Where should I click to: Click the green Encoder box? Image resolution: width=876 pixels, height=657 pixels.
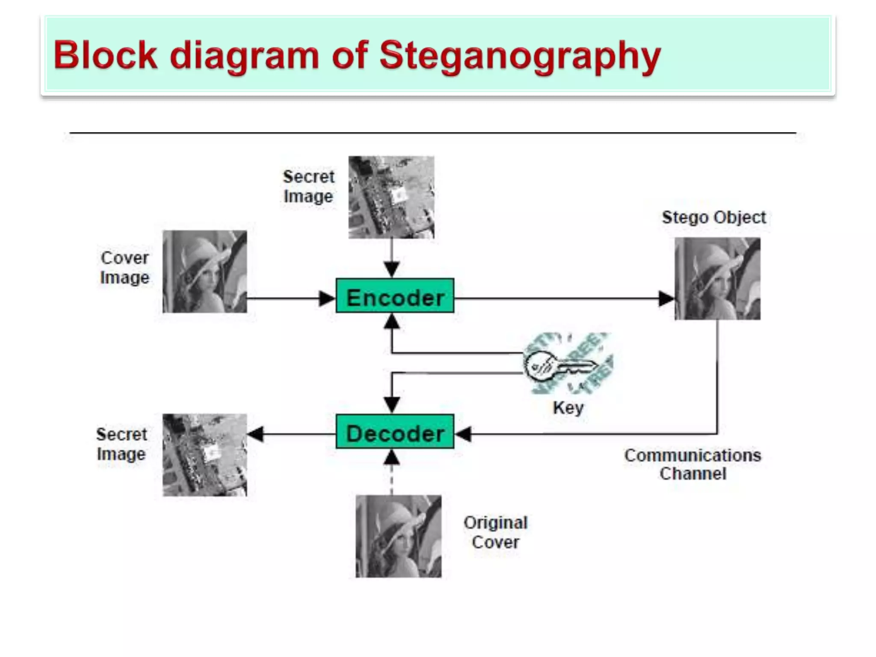coord(395,296)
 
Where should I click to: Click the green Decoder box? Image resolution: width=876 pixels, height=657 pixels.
coord(395,432)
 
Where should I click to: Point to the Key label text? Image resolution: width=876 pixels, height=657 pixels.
coord(568,408)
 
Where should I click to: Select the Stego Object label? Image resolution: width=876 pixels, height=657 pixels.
coord(713,218)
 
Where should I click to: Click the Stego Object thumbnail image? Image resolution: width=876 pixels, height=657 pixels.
coord(717,278)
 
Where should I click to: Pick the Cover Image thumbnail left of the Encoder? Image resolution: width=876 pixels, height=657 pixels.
coord(205,272)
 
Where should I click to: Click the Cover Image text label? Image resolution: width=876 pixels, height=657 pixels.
coord(124,268)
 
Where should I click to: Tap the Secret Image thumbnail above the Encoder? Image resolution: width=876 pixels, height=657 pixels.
coord(391,197)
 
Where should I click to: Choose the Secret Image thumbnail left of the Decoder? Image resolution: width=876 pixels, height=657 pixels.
coord(205,455)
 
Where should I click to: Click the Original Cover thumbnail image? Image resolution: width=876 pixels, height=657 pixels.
coord(398,536)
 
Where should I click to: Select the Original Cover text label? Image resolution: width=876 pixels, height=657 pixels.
coord(495,533)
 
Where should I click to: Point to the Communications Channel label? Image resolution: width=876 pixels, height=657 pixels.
coord(693,465)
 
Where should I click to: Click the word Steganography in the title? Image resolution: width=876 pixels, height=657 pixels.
coord(520,56)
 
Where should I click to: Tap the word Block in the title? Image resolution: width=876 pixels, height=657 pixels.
coord(105,56)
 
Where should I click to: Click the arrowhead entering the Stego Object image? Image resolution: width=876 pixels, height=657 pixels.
coord(666,299)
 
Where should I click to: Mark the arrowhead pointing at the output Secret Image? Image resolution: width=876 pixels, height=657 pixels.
coord(256,434)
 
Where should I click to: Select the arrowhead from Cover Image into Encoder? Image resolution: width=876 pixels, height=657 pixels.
coord(327,299)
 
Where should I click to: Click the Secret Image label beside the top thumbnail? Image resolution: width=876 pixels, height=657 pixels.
coord(308,187)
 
